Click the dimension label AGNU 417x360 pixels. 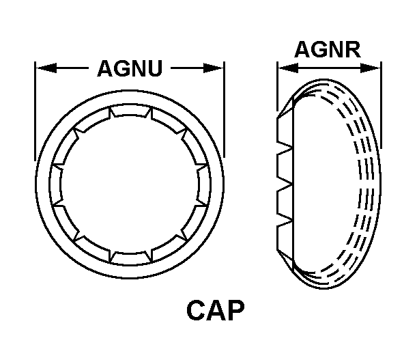point(130,69)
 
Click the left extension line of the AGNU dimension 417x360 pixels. point(35,109)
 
